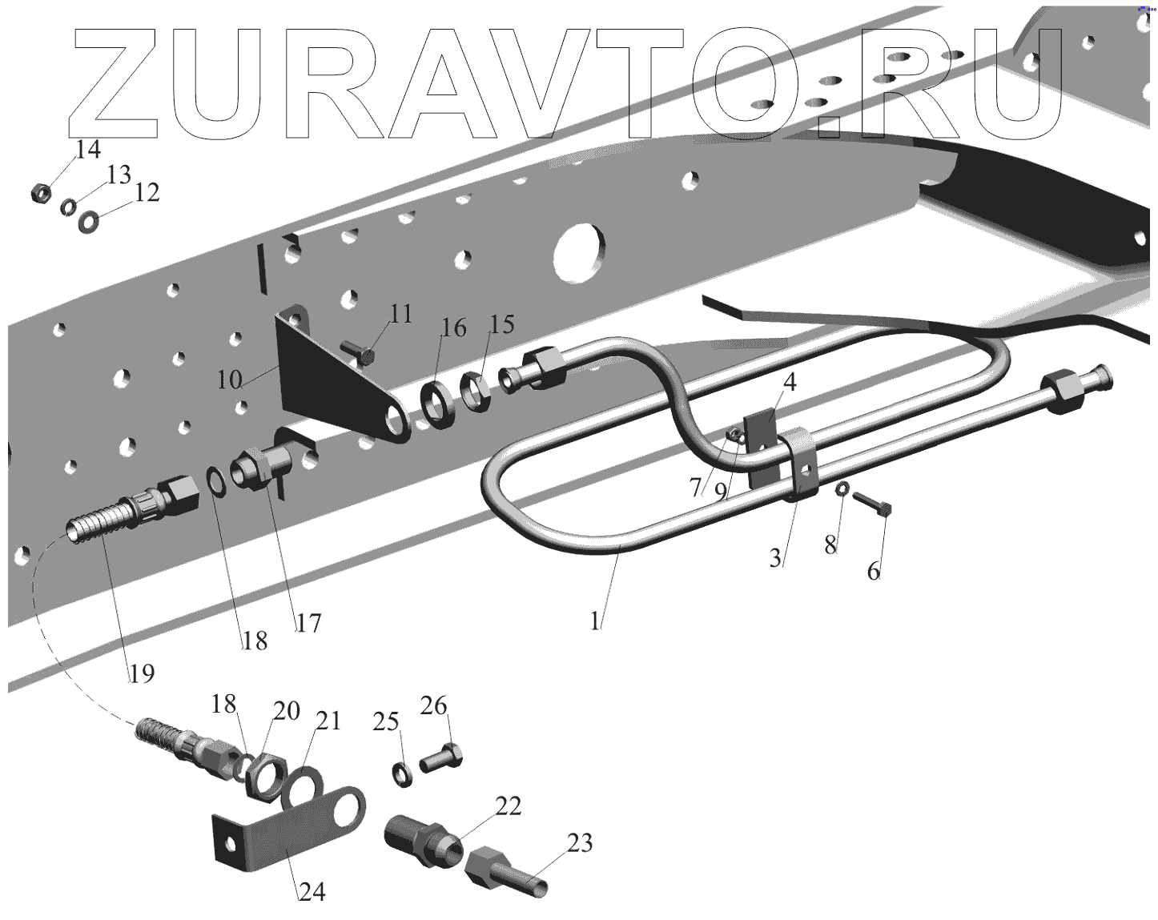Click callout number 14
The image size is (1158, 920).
(89, 150)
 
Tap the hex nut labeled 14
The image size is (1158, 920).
(40, 194)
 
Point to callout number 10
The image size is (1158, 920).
(231, 379)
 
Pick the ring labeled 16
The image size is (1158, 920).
(437, 402)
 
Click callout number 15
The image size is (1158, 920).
(501, 324)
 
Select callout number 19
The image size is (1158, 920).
(142, 673)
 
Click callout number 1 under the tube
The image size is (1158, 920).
(595, 621)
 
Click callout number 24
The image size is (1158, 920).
(312, 891)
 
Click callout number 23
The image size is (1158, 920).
(579, 843)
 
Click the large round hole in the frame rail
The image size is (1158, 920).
(579, 251)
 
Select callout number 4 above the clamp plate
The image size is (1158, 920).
(789, 382)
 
